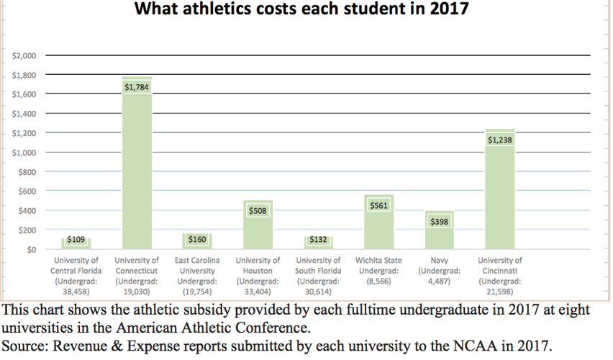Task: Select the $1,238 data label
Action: point(500,140)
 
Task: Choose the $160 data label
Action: point(197,239)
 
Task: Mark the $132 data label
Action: point(319,239)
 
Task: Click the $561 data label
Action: point(378,205)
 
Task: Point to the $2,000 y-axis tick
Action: point(25,55)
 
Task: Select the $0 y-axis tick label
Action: point(30,250)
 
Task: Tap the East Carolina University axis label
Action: point(197,276)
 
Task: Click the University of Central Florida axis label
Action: point(76,276)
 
